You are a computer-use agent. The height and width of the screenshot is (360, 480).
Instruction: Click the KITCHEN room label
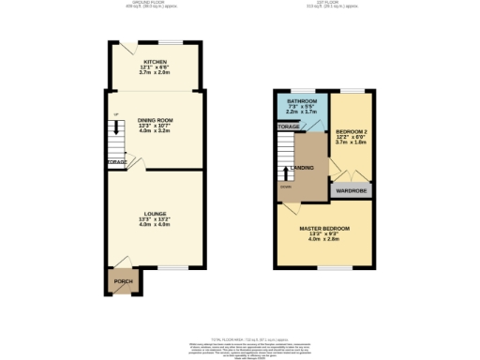[x=155, y=62]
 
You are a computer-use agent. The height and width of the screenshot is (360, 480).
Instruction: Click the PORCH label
[x=123, y=281]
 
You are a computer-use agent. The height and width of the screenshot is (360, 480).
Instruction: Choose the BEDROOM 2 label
[x=353, y=132]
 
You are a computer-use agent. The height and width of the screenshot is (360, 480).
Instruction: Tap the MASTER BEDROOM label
[x=324, y=228]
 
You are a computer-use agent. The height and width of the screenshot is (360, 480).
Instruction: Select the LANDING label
[x=302, y=168]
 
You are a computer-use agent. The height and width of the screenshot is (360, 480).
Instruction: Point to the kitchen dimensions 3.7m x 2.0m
[x=155, y=72]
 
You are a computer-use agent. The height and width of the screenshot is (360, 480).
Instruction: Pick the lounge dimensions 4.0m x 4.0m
[x=156, y=225]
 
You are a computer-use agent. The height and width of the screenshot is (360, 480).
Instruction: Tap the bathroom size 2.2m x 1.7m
[x=301, y=112]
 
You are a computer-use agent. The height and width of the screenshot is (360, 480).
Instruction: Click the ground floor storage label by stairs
[x=116, y=161]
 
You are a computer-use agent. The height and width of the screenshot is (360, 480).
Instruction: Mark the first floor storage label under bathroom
[x=288, y=126]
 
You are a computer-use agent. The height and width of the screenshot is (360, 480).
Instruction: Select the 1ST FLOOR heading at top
[x=332, y=4]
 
